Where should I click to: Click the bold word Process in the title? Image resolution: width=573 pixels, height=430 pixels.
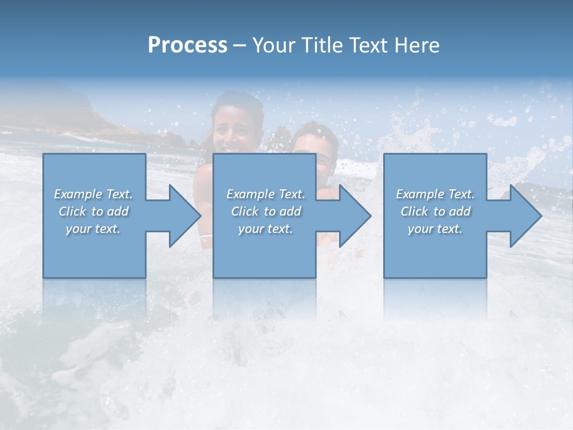click(187, 45)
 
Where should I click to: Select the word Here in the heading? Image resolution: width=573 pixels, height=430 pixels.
click(417, 45)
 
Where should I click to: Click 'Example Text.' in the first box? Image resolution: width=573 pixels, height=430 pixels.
click(94, 194)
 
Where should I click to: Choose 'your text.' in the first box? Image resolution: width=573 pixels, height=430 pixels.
click(94, 229)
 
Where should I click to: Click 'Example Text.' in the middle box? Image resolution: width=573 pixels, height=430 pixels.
click(266, 194)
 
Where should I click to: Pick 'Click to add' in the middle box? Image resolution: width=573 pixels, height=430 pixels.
click(266, 211)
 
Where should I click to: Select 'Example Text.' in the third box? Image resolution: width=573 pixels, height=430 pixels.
click(435, 194)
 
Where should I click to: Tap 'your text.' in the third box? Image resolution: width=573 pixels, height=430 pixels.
click(435, 229)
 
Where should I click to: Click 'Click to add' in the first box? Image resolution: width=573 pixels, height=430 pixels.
click(94, 211)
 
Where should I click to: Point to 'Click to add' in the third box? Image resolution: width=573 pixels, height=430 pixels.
click(435, 211)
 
